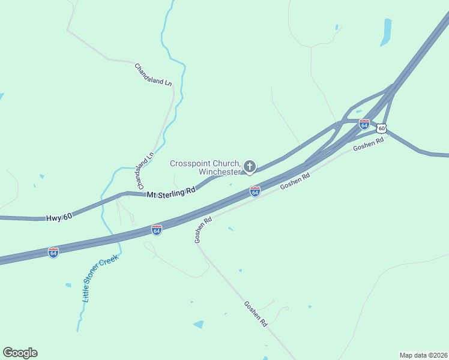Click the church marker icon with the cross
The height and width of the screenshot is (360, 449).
pos(249,167)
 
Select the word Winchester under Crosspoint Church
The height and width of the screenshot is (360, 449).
pos(220,172)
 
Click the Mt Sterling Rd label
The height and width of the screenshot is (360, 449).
pos(172,191)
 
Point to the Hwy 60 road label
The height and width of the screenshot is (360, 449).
pos(59,217)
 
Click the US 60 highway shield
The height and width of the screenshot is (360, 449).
pos(382,128)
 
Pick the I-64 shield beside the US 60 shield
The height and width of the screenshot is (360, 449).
pos(364,124)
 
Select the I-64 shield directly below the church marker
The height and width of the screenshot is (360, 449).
pos(255,191)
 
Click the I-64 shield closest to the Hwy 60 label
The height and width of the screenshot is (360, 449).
pos(53,253)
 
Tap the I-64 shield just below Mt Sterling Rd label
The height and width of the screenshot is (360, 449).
pos(156,230)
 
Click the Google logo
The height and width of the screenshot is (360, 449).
pos(20,353)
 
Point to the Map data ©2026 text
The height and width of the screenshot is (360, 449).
pos(423,355)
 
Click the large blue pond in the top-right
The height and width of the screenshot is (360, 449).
pos(385,32)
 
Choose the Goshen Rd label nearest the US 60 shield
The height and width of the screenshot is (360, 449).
pos(368,145)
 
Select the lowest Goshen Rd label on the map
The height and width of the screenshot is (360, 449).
pos(256,313)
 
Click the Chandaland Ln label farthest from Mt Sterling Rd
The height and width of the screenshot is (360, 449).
pos(154,75)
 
